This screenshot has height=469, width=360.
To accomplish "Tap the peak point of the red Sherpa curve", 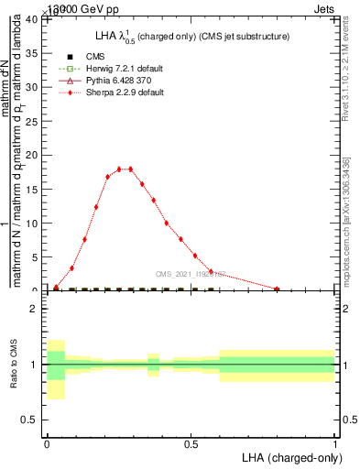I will click(131, 169).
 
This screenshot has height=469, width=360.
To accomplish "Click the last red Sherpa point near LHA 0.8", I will click(277, 289).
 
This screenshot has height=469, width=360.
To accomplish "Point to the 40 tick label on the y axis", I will click(31, 19).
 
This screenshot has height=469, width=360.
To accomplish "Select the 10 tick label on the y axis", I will click(31, 224).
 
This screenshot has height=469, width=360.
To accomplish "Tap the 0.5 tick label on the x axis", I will click(191, 442).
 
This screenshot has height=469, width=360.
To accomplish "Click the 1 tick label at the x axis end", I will click(334, 442).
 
